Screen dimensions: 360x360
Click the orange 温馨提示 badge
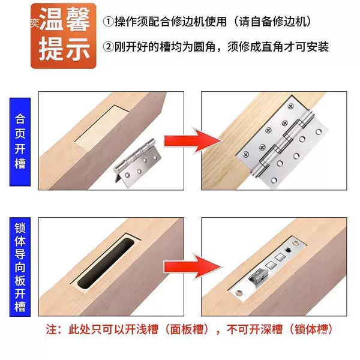[x=64, y=36]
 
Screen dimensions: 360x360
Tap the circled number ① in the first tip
[x=108, y=22]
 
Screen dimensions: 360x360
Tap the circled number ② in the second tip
[x=108, y=47]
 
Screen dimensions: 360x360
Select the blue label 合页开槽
[x=20, y=142]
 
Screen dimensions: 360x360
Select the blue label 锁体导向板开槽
[x=20, y=267]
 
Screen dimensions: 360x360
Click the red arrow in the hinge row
[x=192, y=141]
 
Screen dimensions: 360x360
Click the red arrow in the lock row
[x=193, y=266]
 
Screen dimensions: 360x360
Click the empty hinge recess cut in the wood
[x=102, y=128]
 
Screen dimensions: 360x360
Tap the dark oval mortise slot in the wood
[x=106, y=263]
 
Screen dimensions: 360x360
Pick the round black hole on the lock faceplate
[x=287, y=250]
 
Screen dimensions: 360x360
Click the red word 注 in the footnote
[x=51, y=329]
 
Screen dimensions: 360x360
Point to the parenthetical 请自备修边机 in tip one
[x=273, y=22]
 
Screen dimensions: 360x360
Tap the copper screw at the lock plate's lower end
[x=239, y=293]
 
